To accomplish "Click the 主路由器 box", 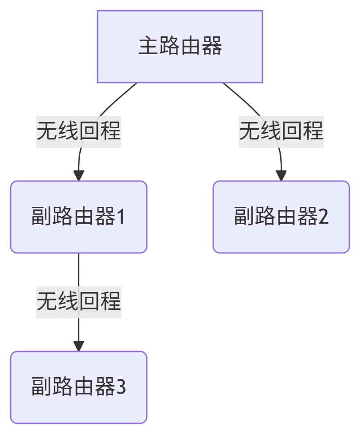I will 180,47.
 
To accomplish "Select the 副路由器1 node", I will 78,217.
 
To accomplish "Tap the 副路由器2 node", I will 281,217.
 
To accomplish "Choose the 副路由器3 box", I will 78,387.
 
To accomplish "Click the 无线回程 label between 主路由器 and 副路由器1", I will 78,131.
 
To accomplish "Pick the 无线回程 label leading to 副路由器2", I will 281,131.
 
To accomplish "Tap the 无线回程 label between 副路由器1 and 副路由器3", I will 78,302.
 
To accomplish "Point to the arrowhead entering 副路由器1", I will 78,176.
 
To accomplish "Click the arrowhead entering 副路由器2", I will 281,176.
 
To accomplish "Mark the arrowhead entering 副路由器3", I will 78,346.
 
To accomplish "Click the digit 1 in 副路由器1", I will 121,217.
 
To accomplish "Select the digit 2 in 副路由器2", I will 323,217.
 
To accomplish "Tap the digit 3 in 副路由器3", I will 121,387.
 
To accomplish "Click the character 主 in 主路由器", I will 149,47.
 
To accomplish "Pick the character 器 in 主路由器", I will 211,47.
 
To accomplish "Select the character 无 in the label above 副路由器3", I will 47,302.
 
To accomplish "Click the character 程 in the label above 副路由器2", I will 313,131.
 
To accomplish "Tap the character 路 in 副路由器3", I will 63,387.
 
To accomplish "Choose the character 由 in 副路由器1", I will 84,217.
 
